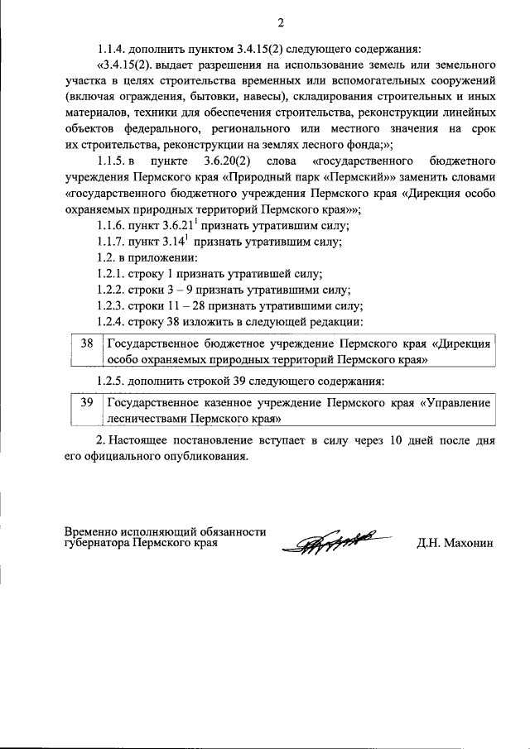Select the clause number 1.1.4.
click(114, 48)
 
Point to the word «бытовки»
click(210, 95)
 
